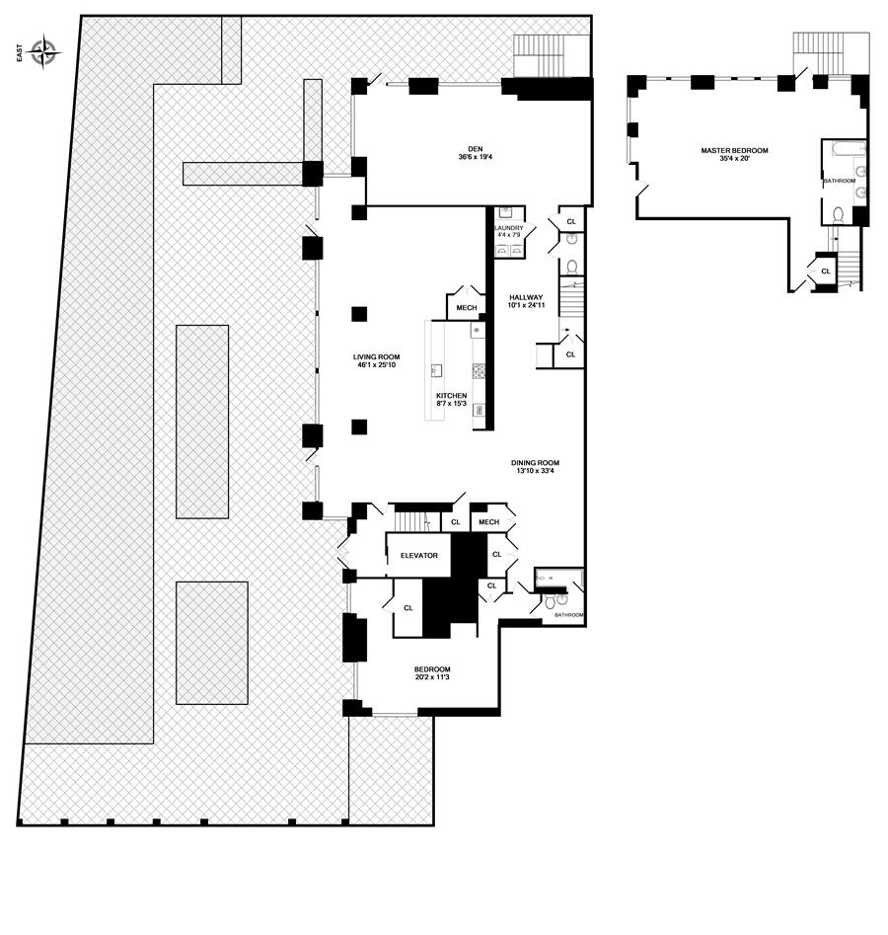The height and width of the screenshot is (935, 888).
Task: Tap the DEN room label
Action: (475, 149)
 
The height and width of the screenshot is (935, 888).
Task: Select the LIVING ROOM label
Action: (376, 357)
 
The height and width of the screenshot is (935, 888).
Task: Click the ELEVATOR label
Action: (419, 555)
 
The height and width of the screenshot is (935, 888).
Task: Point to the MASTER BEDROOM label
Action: (734, 151)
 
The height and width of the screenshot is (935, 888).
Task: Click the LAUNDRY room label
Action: (509, 228)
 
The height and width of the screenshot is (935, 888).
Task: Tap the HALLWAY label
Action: (526, 297)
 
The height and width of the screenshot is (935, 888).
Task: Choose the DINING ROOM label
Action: (535, 463)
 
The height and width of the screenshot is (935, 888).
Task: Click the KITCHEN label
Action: (451, 395)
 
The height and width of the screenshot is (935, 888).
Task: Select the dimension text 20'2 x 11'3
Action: (433, 676)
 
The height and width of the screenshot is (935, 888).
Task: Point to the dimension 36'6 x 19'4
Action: (475, 157)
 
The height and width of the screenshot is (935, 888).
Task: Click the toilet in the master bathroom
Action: (838, 214)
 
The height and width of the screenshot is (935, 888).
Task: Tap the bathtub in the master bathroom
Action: (844, 147)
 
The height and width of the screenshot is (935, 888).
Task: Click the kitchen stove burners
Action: (480, 371)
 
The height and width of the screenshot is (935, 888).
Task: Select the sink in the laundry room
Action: (506, 212)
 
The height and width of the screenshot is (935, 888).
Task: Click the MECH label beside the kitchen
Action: (466, 308)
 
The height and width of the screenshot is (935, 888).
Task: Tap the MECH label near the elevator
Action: (488, 521)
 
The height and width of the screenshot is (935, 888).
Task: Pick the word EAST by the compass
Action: (19, 52)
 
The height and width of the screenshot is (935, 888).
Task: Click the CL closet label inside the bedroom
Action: (408, 608)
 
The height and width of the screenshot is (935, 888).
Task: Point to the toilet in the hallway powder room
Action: (572, 267)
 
